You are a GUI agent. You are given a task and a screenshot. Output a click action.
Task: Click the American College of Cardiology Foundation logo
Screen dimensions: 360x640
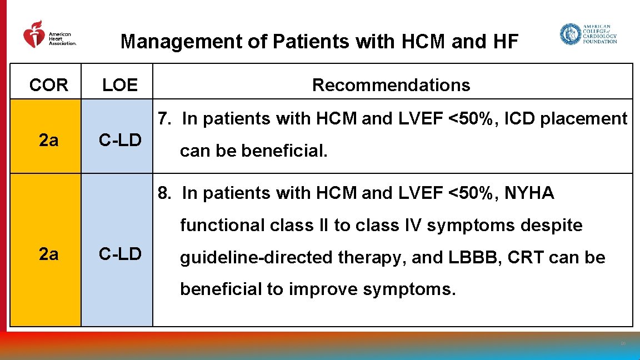[588, 34]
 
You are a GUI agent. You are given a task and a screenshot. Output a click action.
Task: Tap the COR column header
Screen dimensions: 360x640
[49, 85]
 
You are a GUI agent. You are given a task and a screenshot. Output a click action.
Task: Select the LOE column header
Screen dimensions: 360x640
[119, 85]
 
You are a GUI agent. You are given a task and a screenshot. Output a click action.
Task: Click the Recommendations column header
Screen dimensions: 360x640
[391, 85]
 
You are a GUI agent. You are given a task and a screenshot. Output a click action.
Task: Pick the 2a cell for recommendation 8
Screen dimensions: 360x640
[49, 254]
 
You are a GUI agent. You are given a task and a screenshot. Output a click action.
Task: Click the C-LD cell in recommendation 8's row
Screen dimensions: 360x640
[119, 254]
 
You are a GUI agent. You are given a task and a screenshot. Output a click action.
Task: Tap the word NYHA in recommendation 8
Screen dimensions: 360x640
[529, 193]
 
